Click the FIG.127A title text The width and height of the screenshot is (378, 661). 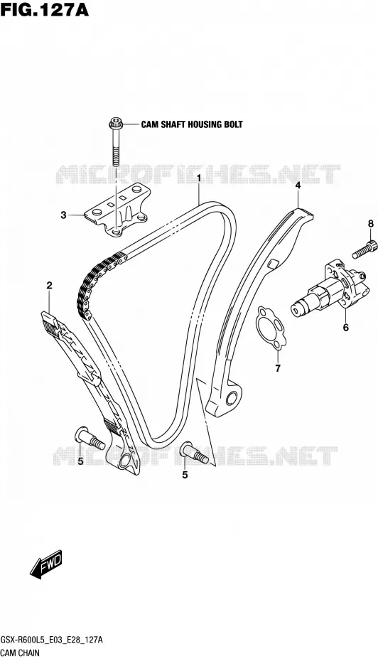(45, 9)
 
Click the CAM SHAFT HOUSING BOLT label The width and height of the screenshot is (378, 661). (192, 124)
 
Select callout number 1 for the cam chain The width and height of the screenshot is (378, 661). (198, 178)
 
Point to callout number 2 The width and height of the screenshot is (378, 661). (49, 286)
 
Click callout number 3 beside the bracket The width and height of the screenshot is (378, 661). (63, 215)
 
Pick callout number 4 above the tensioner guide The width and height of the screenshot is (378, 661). (298, 185)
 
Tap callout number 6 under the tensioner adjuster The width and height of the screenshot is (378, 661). (345, 327)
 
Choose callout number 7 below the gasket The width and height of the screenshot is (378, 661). (278, 369)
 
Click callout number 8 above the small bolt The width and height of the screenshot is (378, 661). (370, 224)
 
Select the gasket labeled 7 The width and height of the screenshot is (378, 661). (271, 328)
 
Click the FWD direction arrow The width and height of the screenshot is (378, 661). (46, 564)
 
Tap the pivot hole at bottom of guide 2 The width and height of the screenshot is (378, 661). (125, 461)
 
